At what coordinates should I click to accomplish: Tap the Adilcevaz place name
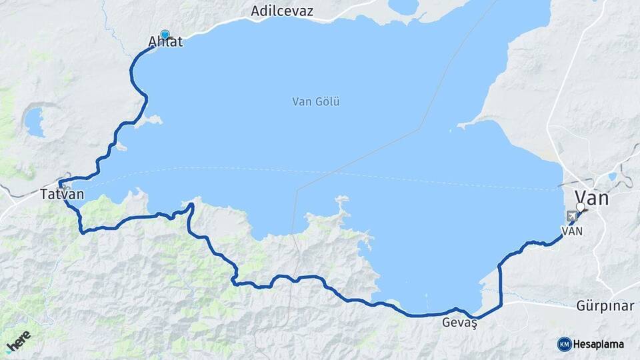pyautogui.click(x=282, y=11)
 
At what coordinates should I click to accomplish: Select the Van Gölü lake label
pyautogui.click(x=316, y=102)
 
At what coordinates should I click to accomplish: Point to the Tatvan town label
pyautogui.click(x=62, y=195)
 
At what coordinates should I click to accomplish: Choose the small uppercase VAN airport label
pyautogui.click(x=573, y=231)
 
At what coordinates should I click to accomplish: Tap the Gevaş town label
pyautogui.click(x=460, y=323)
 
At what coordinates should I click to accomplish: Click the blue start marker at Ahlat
pyautogui.click(x=165, y=35)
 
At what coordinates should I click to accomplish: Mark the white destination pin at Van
pyautogui.click(x=580, y=207)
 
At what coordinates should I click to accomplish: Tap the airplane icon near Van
pyautogui.click(x=571, y=216)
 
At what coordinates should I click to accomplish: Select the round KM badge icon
pyautogui.click(x=564, y=344)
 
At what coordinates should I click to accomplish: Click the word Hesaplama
pyautogui.click(x=599, y=345)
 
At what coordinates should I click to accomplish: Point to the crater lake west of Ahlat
pyautogui.click(x=34, y=121)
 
